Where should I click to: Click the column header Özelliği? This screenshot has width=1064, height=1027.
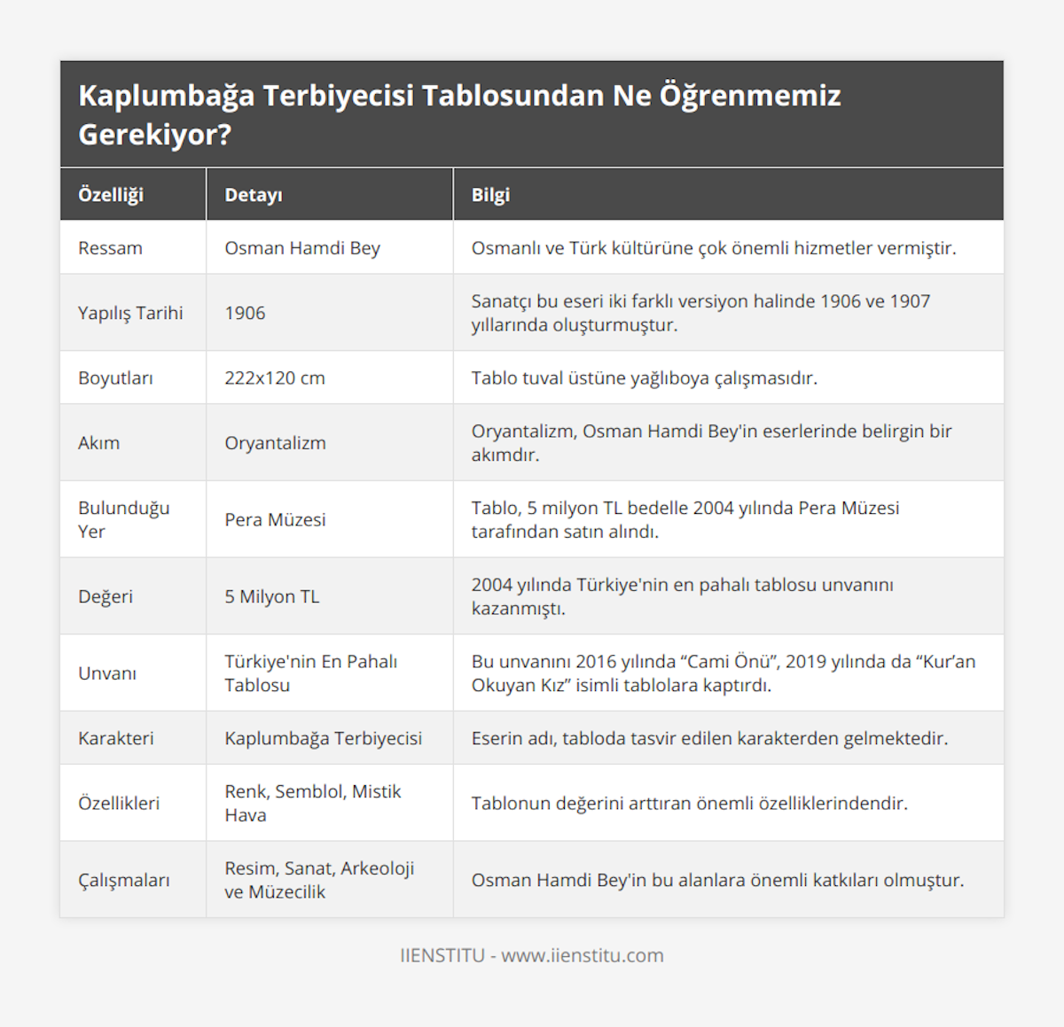(x=111, y=195)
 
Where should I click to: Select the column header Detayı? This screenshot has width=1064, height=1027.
(x=254, y=195)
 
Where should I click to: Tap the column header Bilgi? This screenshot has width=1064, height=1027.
(x=490, y=195)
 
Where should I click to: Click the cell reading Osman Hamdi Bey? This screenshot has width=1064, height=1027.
(x=302, y=248)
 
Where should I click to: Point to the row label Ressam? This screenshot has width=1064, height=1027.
(x=110, y=248)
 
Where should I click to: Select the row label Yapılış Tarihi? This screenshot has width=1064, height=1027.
(x=130, y=313)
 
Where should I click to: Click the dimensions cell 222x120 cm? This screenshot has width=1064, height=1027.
(x=275, y=377)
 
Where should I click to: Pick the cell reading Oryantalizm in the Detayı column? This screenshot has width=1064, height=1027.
(x=275, y=443)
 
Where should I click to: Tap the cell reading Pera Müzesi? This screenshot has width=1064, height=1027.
(x=275, y=519)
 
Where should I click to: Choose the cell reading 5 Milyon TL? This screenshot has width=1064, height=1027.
(x=271, y=596)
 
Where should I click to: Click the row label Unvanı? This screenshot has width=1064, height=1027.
(x=107, y=673)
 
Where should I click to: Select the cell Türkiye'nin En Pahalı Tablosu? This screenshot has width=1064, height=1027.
(x=310, y=673)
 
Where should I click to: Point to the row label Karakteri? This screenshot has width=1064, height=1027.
(x=115, y=738)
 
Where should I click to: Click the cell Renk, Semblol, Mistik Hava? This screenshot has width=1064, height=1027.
(x=312, y=803)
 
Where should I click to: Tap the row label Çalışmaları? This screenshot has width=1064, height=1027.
(x=124, y=880)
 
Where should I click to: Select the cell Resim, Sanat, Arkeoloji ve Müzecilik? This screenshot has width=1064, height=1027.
(x=319, y=880)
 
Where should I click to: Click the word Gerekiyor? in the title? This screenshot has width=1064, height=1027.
(x=155, y=135)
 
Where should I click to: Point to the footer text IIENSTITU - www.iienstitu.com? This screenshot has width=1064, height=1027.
(x=532, y=955)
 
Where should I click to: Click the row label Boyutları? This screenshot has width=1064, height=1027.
(x=115, y=377)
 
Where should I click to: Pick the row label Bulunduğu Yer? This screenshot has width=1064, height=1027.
(x=123, y=519)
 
